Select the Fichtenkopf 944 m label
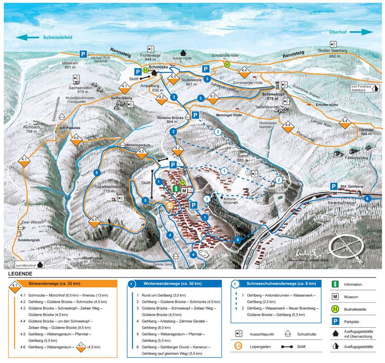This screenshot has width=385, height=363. pyautogui.click(x=150, y=57)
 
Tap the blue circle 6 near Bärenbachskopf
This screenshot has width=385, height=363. pyautogui.click(x=368, y=199)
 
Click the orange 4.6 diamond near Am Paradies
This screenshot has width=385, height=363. pyautogui.click(x=77, y=138)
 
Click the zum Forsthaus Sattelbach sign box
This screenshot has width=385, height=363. pyautogui.click(x=365, y=88)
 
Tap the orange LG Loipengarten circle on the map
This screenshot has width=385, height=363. pyautogui.click(x=170, y=205)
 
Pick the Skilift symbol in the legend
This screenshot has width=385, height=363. pyautogui.click(x=293, y=346)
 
